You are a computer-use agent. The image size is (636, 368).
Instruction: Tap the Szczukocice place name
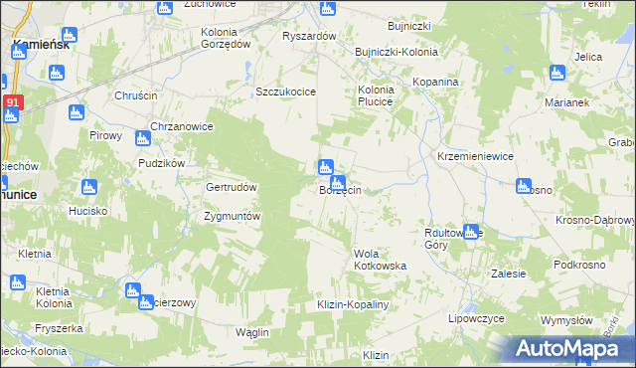[x=285, y=92]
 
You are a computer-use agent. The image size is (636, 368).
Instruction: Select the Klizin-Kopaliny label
[x=351, y=303]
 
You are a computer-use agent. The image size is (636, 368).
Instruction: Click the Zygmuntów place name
[x=232, y=216]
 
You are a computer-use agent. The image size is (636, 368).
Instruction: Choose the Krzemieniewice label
[x=475, y=156]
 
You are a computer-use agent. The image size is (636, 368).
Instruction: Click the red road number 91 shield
[x=12, y=101]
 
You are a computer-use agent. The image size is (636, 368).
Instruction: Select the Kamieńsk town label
[x=40, y=45]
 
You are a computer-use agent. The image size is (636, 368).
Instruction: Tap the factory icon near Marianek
[x=557, y=73]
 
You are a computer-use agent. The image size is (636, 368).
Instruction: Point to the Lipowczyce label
[x=477, y=319]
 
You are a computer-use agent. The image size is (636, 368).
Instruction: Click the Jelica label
[x=588, y=57]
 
